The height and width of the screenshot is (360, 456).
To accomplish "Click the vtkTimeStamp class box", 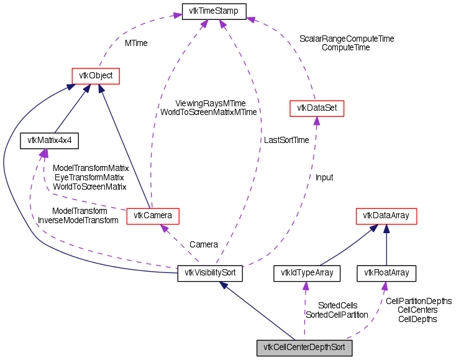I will click(214, 11).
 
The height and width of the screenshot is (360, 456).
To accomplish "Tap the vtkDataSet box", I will click(317, 108).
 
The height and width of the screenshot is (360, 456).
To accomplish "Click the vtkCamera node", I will click(153, 216).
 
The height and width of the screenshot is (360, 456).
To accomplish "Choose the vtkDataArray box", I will click(386, 216).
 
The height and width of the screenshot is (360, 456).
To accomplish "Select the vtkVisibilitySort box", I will click(210, 273).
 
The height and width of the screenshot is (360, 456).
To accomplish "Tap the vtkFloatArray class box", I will click(386, 273).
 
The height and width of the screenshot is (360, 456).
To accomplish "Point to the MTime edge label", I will click(136, 44).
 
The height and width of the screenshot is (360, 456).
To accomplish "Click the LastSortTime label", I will click(286, 141).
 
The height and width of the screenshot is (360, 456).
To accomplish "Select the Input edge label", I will click(324, 177).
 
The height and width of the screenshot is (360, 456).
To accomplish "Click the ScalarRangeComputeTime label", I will click(347, 39).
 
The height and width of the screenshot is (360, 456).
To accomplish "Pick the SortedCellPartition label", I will click(337, 315).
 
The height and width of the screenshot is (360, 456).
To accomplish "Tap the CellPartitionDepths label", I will click(419, 301).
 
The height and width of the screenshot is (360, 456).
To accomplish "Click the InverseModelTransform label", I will click(78, 220).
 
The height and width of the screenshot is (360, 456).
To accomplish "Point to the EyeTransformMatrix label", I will click(90, 177).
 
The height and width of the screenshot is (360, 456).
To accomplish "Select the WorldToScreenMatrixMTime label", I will click(209, 113).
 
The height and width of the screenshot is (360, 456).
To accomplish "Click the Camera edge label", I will click(204, 244).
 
